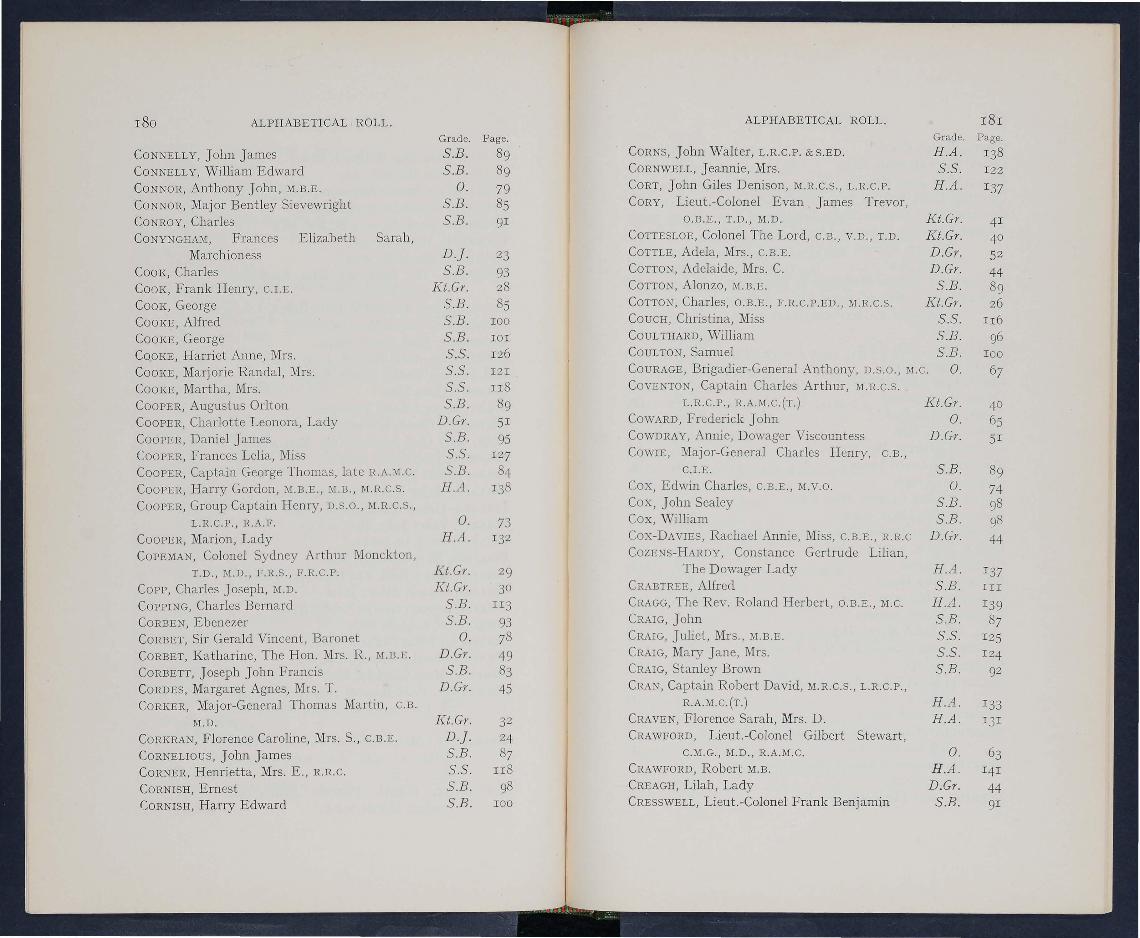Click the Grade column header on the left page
[x=454, y=139]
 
